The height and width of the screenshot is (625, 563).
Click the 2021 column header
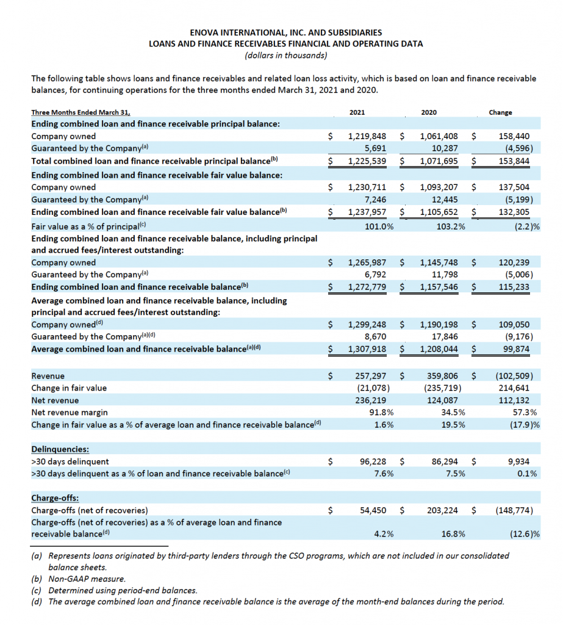point(357,112)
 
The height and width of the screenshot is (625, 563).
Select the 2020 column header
point(429,112)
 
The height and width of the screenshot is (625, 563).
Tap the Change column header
point(501,112)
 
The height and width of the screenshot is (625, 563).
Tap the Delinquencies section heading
point(59,449)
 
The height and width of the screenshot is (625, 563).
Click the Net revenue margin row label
point(66,412)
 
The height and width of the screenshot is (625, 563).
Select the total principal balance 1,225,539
point(367,161)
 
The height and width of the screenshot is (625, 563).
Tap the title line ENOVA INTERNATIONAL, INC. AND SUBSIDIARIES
point(281,32)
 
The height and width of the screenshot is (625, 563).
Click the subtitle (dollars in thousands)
point(281,56)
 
